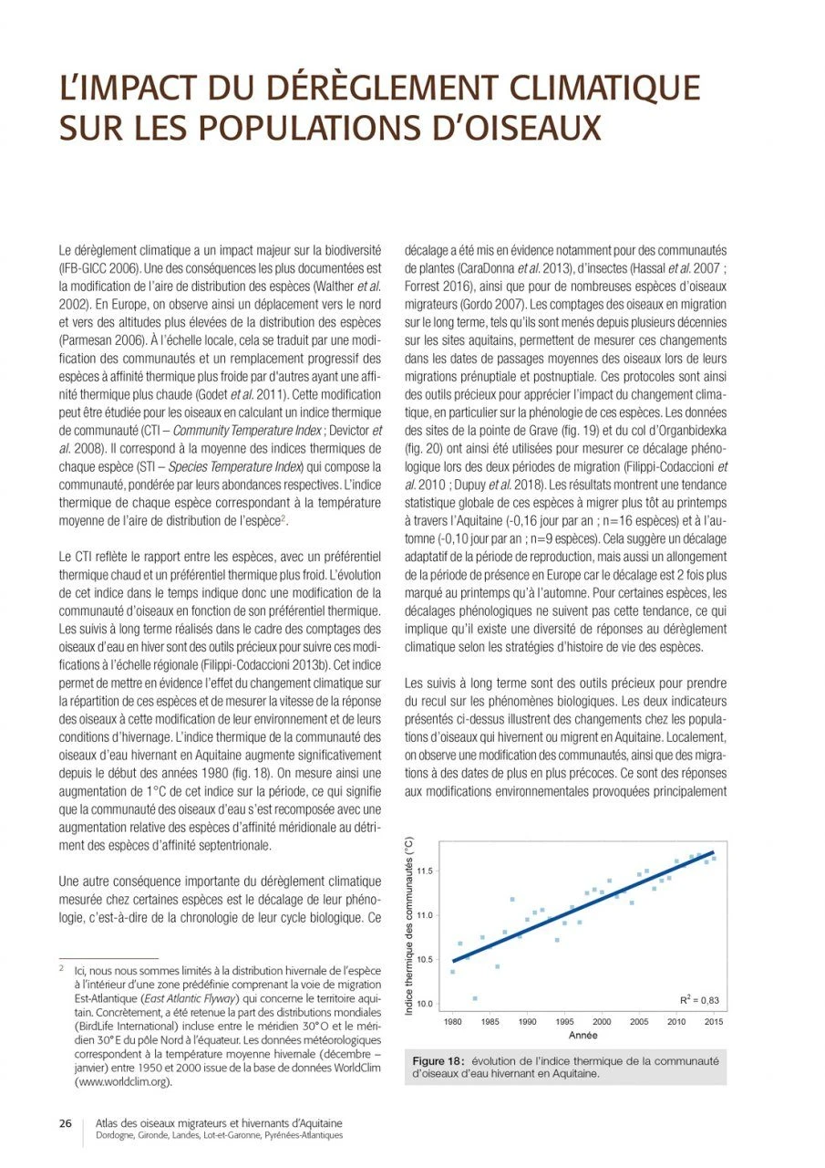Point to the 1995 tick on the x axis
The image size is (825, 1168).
pyautogui.click(x=565, y=1022)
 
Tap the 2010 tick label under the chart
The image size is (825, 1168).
pyautogui.click(x=676, y=1022)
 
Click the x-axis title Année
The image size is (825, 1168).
pyautogui.click(x=583, y=1036)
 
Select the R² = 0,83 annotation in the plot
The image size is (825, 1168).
pyautogui.click(x=699, y=1000)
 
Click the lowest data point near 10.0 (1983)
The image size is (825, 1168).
pyautogui.click(x=475, y=998)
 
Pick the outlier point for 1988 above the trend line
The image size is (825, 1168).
pyautogui.click(x=512, y=899)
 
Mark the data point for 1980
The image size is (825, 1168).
pyautogui.click(x=453, y=972)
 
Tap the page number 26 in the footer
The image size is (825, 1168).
pyautogui.click(x=66, y=1123)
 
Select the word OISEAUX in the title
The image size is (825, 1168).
pyautogui.click(x=522, y=128)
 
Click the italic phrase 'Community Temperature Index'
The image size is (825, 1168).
pyautogui.click(x=228, y=430)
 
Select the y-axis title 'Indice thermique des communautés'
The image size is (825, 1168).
pyautogui.click(x=410, y=926)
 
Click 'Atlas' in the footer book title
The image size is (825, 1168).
pyautogui.click(x=109, y=1123)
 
